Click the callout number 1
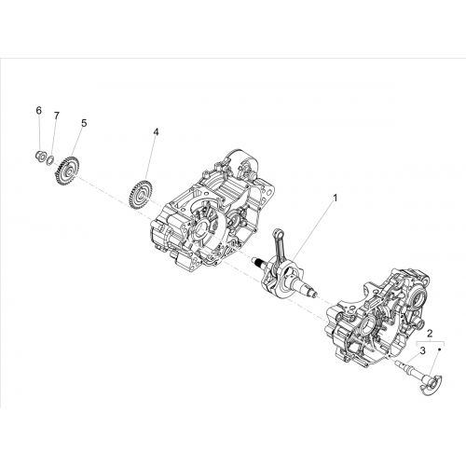point(335,198)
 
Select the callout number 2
point(430,334)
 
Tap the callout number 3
point(422,351)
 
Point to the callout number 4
point(156,132)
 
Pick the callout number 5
point(84,123)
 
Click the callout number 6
point(38,110)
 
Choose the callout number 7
point(56,116)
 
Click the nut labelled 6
point(39,155)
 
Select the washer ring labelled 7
point(49,160)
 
